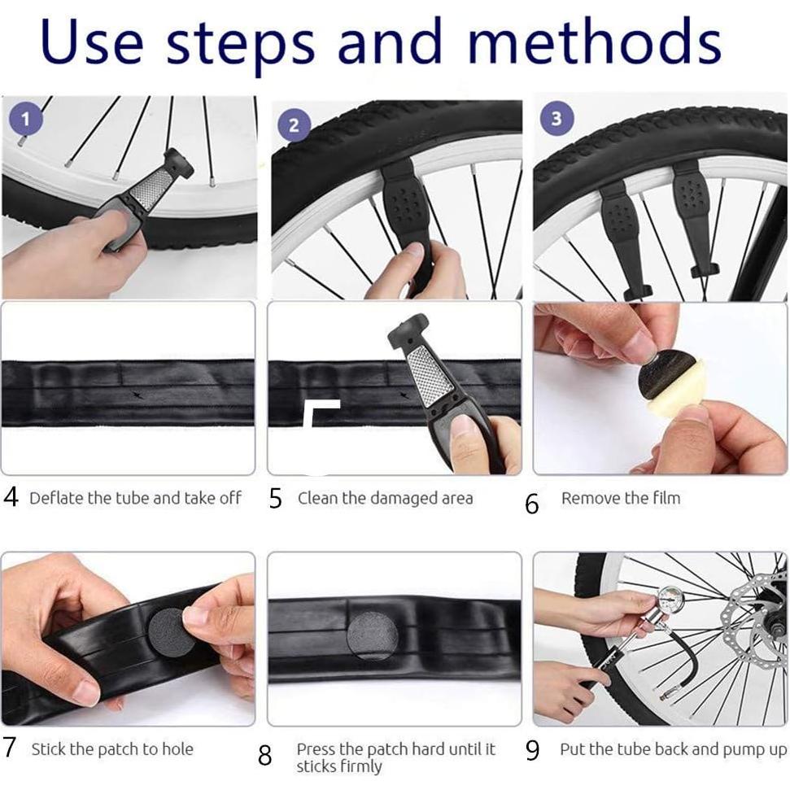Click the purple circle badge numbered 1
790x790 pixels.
[25, 120]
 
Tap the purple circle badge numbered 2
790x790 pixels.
[294, 126]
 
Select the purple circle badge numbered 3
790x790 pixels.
[556, 119]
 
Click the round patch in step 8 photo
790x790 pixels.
[370, 635]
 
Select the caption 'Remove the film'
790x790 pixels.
[620, 499]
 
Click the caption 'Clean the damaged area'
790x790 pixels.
[385, 499]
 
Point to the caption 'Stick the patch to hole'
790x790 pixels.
[112, 749]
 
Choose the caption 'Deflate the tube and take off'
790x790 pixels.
[135, 499]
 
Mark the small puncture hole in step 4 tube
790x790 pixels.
[135, 395]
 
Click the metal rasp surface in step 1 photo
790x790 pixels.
[149, 189]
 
